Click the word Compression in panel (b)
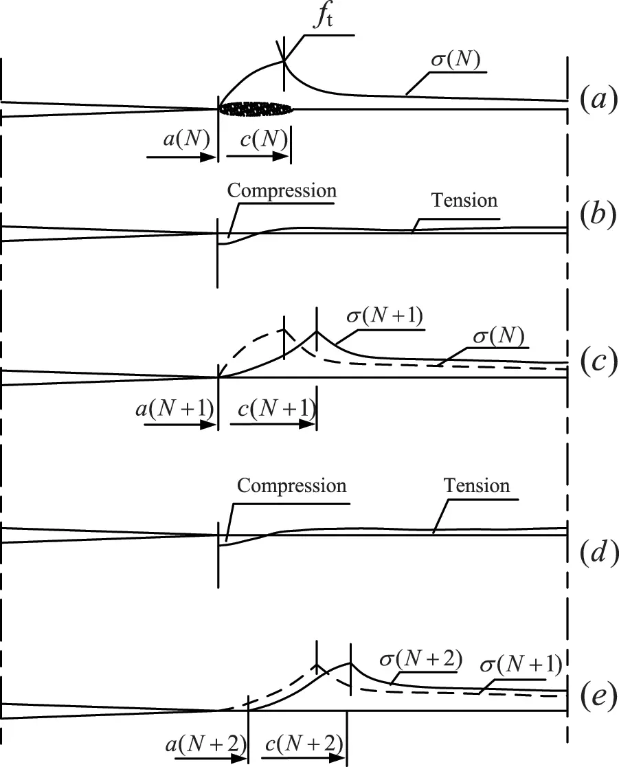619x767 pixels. click(282, 190)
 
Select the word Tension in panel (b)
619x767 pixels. click(464, 200)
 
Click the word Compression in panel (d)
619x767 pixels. click(292, 486)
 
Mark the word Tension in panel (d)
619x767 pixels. click(477, 486)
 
